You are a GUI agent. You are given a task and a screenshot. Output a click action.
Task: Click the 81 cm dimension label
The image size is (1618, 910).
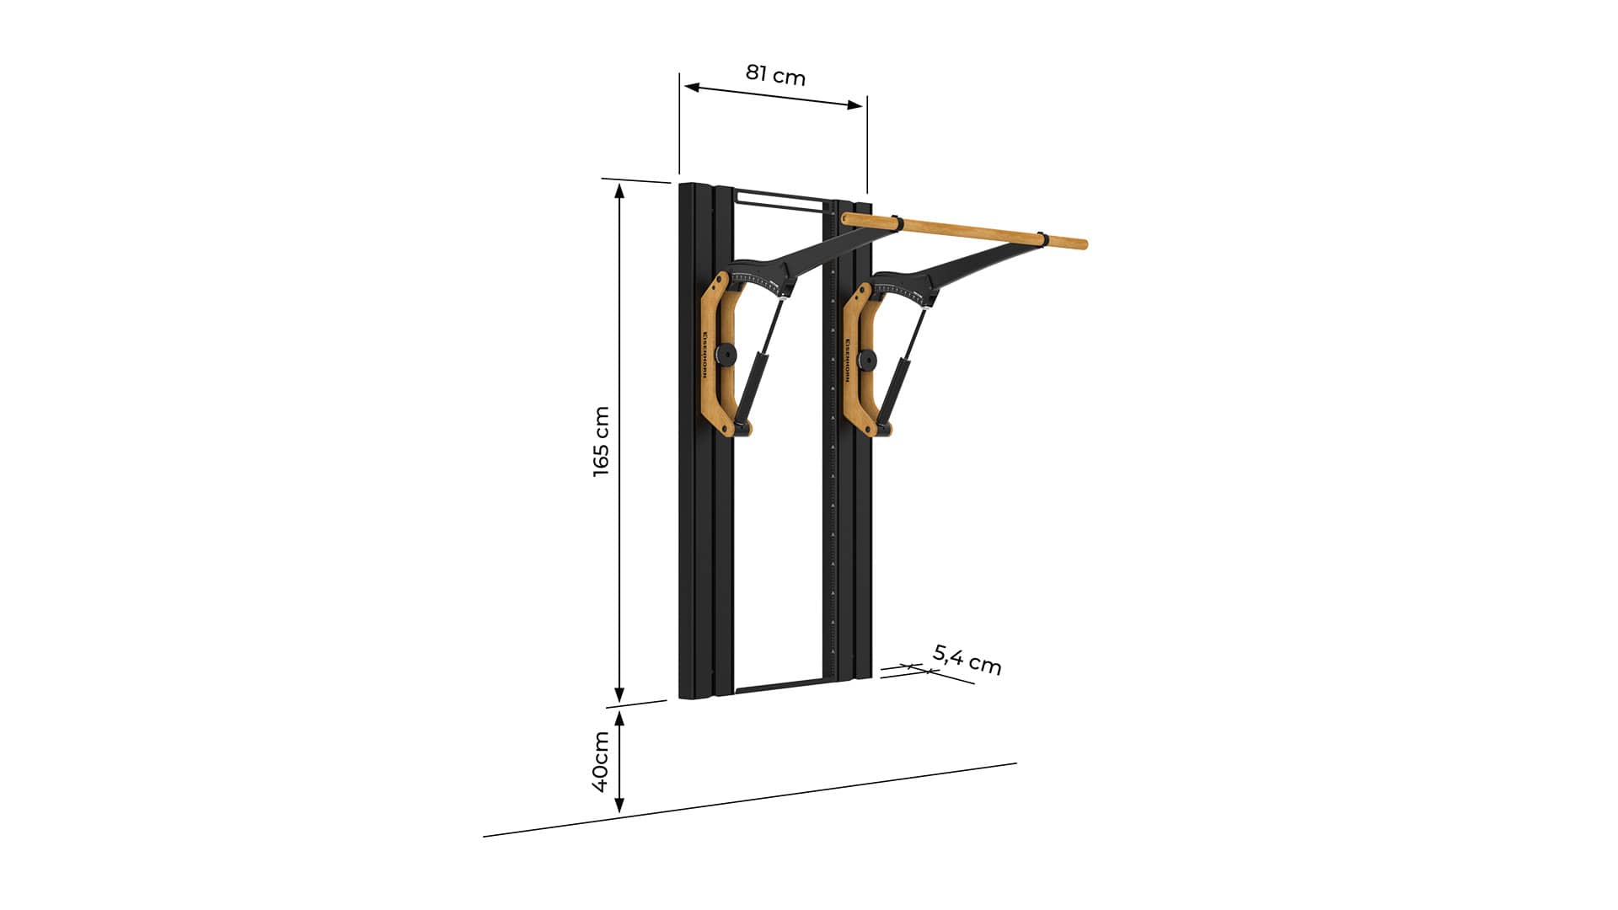pyautogui.click(x=775, y=75)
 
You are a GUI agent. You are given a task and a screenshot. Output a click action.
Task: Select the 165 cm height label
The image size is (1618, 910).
pyautogui.click(x=601, y=442)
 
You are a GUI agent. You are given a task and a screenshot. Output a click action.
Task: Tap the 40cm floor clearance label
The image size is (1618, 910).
pyautogui.click(x=600, y=762)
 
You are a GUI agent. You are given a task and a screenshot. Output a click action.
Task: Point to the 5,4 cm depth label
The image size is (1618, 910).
pyautogui.click(x=967, y=659)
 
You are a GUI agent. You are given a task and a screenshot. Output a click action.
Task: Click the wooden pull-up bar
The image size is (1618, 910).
pyautogui.click(x=964, y=231)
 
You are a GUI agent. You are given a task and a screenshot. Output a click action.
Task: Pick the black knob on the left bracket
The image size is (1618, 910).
pyautogui.click(x=724, y=355)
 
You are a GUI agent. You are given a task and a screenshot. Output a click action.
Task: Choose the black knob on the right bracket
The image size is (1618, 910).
pyautogui.click(x=865, y=361)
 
